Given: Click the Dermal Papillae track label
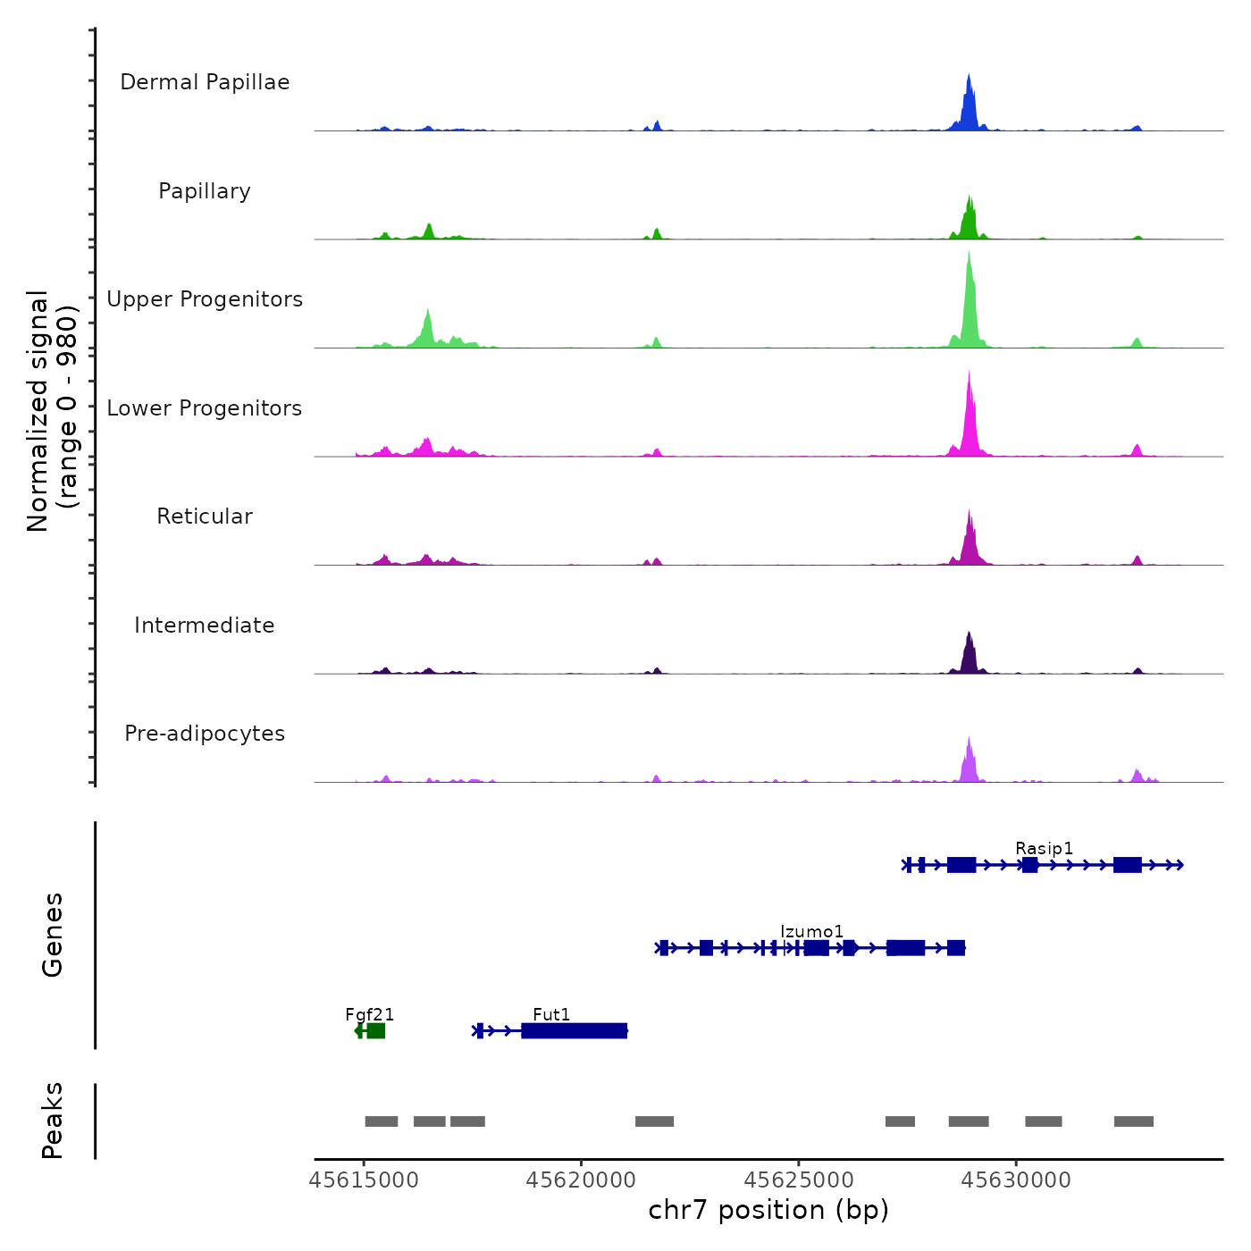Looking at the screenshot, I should (x=205, y=82).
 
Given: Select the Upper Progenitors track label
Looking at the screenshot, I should (x=205, y=299).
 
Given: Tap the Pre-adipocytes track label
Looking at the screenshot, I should (x=205, y=734).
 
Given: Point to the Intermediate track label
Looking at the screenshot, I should (x=205, y=625).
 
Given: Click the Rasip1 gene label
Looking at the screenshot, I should (x=1044, y=848).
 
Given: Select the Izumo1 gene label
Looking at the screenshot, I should (x=811, y=931).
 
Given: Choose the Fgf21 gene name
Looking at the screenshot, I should (x=369, y=1014).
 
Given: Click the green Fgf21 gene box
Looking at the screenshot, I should (x=375, y=1031).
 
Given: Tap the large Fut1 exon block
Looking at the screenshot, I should (x=574, y=1031).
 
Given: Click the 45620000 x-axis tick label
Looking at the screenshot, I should (x=581, y=1180).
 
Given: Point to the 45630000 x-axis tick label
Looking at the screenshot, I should (x=1016, y=1180).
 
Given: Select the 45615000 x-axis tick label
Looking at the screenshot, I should (x=364, y=1180).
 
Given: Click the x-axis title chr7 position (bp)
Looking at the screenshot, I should (x=768, y=1210).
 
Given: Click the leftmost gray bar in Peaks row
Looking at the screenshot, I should (x=382, y=1121).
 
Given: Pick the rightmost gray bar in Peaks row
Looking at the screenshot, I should (x=1133, y=1121).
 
